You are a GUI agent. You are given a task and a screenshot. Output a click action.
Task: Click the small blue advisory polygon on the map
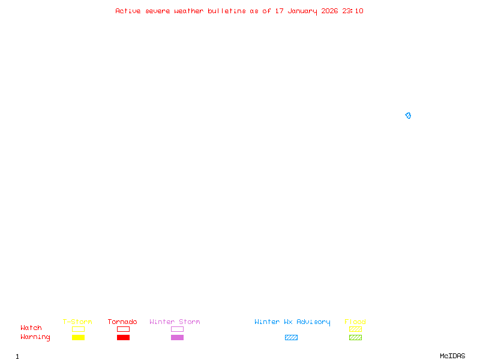point(408,115)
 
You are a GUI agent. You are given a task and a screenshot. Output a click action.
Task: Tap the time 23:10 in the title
point(353,11)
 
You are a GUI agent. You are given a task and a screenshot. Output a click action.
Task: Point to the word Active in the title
point(128,11)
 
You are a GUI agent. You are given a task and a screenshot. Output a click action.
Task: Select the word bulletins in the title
point(227,11)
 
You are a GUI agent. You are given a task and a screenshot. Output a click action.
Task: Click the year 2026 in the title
point(330,11)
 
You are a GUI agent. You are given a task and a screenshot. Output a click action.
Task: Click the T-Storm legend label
point(77,322)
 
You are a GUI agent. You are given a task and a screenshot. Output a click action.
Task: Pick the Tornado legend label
point(122,322)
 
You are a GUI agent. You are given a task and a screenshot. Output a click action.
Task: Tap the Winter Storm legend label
point(175,322)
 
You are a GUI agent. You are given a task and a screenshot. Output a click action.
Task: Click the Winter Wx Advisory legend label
point(292,322)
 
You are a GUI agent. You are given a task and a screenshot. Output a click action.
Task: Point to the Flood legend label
point(355,322)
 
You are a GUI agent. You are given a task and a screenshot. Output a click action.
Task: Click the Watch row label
point(31,328)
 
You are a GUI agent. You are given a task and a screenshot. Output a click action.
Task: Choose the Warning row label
point(35,337)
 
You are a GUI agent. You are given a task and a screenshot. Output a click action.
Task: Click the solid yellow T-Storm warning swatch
point(78,337)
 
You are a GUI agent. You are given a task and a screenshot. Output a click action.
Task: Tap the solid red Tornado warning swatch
point(123,337)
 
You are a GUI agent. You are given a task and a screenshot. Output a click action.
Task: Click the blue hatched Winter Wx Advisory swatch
point(291,337)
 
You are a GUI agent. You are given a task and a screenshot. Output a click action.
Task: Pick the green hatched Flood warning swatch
point(355,337)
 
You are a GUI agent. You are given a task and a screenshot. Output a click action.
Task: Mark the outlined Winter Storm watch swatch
point(177,329)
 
